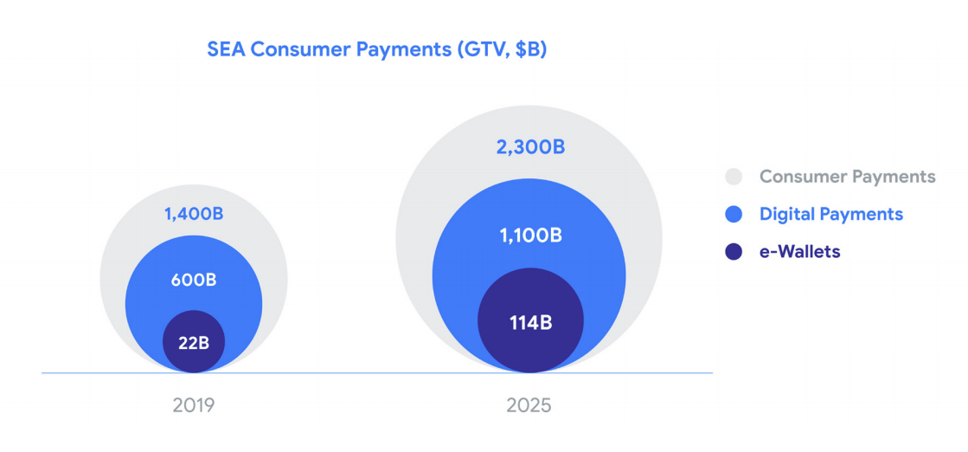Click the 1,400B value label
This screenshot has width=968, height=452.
coord(193,213)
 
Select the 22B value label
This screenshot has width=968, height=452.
coord(194,342)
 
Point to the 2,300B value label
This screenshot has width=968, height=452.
coord(530,147)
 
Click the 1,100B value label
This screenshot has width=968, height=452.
coord(529,235)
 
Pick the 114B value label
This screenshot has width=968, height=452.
coord(530,323)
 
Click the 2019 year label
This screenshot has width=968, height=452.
coord(193,405)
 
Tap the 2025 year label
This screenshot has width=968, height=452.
coord(529,405)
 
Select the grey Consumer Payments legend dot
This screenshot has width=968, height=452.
coord(734,177)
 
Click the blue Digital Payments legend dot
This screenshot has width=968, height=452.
coord(734,214)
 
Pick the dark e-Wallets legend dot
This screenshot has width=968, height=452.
coord(734,252)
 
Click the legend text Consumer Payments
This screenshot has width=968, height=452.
coord(847,177)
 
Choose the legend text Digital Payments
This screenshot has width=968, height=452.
coord(830,214)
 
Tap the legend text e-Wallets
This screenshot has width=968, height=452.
coord(799,252)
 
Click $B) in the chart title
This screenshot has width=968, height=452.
coord(530,49)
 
